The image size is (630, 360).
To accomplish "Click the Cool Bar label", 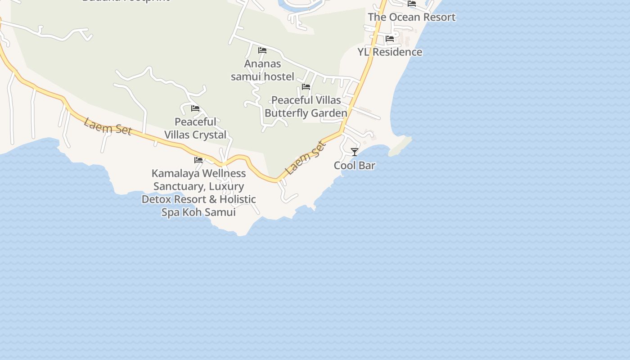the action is point(354,166).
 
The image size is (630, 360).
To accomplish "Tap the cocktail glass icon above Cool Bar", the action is point(355,152).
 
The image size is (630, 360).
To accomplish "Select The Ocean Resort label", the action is point(411,17).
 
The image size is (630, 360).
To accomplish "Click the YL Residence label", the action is point(390,52).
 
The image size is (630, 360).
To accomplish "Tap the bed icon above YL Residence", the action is point(390,39).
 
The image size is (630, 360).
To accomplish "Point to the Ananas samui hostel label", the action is point(262,70).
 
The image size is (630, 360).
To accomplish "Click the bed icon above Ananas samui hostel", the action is point(262,50).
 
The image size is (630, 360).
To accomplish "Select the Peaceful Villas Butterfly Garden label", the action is point(306,107).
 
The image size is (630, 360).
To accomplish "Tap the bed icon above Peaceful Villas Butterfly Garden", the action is point(306,87).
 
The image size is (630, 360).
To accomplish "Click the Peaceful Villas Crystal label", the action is point(195,128).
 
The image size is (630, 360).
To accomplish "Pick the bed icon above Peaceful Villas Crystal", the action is point(195,108).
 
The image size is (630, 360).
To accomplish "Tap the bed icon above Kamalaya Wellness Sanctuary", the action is point(198,160).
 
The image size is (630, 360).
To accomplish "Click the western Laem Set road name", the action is point(108,127).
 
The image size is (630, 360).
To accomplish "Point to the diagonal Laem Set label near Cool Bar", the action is point(306,158).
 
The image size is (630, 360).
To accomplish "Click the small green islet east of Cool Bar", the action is point(400,147).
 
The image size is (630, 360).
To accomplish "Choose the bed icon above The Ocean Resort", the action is point(412,4).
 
